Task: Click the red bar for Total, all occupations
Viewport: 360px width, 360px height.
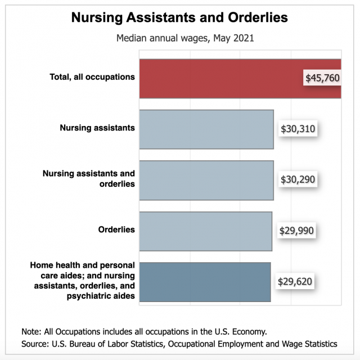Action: (x=219, y=79)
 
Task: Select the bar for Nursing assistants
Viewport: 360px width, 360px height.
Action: (x=206, y=129)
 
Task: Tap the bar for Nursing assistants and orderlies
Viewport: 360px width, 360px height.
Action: (x=206, y=180)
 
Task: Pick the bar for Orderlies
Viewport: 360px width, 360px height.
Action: (x=205, y=231)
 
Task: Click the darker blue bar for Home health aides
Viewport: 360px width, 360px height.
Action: (x=204, y=281)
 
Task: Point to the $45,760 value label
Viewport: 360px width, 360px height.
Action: (x=322, y=78)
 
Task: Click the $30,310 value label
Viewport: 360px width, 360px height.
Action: (x=298, y=129)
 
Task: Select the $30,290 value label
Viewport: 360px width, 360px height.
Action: (x=298, y=180)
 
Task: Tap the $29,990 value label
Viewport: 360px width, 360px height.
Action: (x=296, y=231)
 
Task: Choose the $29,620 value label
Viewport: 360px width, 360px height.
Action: (x=295, y=281)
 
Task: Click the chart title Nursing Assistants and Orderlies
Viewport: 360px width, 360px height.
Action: (x=179, y=18)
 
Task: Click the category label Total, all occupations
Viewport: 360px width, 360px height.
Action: (x=92, y=76)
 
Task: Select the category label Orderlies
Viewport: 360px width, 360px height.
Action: (x=116, y=229)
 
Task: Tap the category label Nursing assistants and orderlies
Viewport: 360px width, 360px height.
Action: (x=89, y=178)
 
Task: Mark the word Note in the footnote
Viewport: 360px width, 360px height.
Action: (x=31, y=331)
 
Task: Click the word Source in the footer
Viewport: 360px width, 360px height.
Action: (x=35, y=343)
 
